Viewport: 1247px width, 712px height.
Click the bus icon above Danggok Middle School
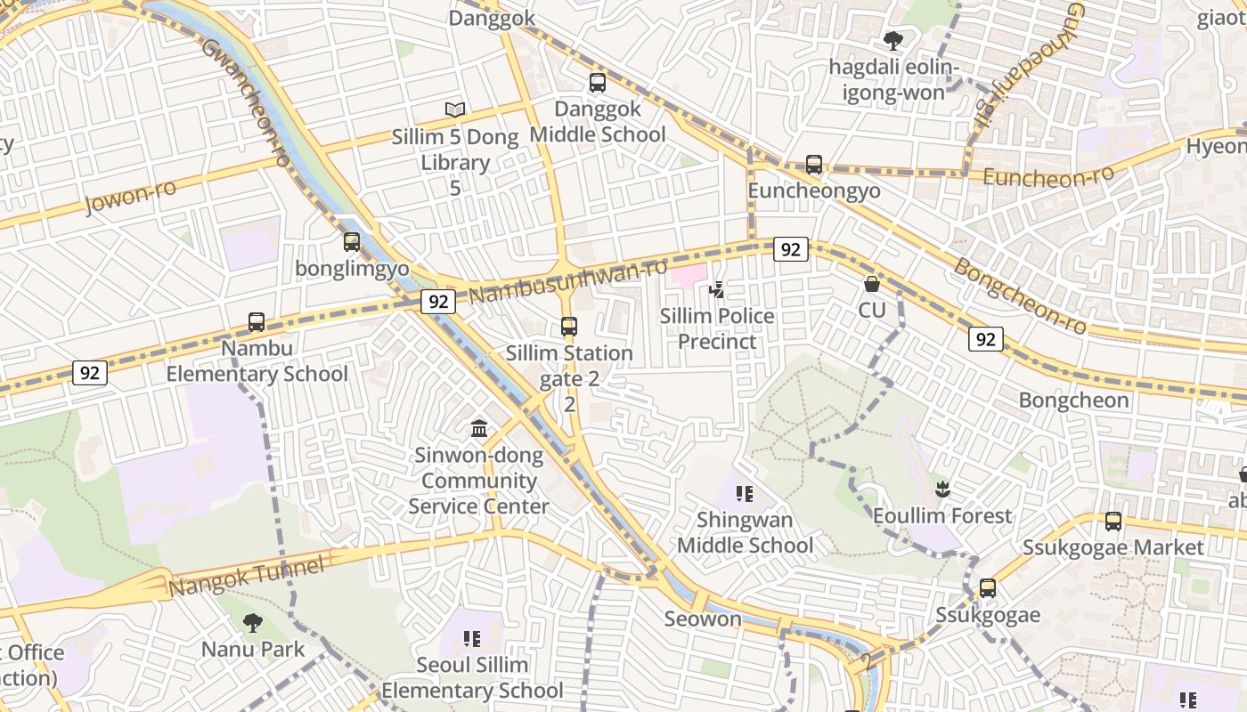pos(598,83)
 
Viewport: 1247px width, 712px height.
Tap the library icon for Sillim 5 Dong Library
pos(455,110)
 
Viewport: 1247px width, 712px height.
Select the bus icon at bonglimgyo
pos(352,241)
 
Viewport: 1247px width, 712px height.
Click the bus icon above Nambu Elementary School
pos(257,321)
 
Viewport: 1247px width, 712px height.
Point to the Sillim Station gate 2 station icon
pos(569,327)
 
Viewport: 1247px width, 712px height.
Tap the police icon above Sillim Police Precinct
pos(716,289)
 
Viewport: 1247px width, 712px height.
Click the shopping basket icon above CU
pos(872,284)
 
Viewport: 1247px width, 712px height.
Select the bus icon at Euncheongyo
pos(814,165)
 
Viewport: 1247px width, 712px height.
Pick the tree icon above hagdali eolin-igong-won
pos(892,40)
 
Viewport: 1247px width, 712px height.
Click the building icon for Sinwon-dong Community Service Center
pos(479,429)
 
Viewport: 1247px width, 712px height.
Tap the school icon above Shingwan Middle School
pos(745,493)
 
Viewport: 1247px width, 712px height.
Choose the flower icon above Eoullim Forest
pos(942,489)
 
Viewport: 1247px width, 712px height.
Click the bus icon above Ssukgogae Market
pos(1113,522)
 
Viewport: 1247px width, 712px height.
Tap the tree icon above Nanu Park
pos(253,622)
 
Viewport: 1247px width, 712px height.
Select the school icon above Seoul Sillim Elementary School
pos(472,638)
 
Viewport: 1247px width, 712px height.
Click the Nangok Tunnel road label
pos(247,578)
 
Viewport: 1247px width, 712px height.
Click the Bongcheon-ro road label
pos(1021,296)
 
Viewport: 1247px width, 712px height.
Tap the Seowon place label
pos(703,619)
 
